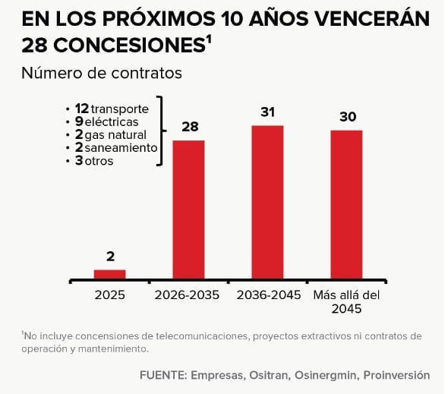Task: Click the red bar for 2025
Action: tap(109, 274)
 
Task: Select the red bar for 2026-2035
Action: tap(188, 210)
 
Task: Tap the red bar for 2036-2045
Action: tap(267, 202)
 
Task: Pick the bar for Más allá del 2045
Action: tap(346, 204)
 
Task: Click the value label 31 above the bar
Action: tap(267, 112)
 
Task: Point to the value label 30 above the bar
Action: tap(346, 117)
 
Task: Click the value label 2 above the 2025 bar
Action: tap(109, 257)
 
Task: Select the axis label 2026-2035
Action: tap(188, 295)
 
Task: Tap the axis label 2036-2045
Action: tap(267, 295)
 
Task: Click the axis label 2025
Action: tap(109, 295)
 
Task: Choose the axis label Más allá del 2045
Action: tap(346, 301)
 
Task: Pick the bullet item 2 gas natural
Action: tap(112, 134)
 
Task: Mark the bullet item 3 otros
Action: tap(93, 160)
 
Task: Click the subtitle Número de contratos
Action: tap(102, 73)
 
